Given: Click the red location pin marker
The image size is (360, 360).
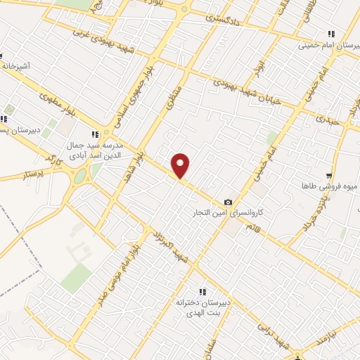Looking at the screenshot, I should tap(181, 165).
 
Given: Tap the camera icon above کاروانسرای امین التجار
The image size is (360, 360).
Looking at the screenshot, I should tap(227, 202).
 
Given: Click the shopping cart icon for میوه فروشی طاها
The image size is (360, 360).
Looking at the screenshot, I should tap(328, 176).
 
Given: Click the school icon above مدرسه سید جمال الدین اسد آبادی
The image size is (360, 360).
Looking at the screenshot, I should tap(95, 134).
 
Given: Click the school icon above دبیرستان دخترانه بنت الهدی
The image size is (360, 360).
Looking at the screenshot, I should tap(202, 292).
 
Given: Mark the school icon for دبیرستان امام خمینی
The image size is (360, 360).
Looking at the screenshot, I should tap(330, 33).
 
